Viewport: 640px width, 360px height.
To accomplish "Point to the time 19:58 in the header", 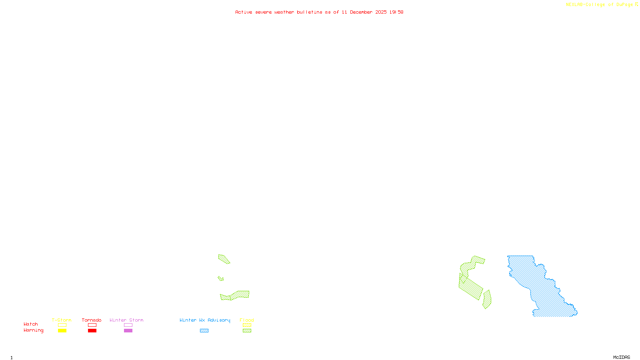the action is click(396, 12).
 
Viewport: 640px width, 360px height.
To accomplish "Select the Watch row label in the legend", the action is click(31, 324).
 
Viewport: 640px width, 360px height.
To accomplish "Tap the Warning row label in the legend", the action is click(33, 330).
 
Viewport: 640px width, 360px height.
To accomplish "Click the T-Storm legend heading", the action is click(62, 320).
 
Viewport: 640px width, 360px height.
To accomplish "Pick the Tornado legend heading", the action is click(92, 320).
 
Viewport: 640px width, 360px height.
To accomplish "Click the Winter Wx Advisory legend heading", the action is click(205, 320).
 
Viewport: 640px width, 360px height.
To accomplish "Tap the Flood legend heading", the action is click(247, 320).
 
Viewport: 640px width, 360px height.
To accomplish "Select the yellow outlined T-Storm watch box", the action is click(62, 325).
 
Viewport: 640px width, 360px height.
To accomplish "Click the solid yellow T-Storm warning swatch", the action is click(62, 331).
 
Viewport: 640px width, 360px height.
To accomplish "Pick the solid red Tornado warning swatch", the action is click(92, 331).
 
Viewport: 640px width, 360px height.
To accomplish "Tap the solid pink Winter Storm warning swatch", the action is click(128, 331).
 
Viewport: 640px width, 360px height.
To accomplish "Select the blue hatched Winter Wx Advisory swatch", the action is click(204, 331).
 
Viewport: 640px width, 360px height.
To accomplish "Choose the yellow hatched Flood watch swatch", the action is click(247, 325).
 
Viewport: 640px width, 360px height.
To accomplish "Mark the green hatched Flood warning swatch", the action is click(247, 331).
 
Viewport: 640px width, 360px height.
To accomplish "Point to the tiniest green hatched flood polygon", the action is click(220, 278).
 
